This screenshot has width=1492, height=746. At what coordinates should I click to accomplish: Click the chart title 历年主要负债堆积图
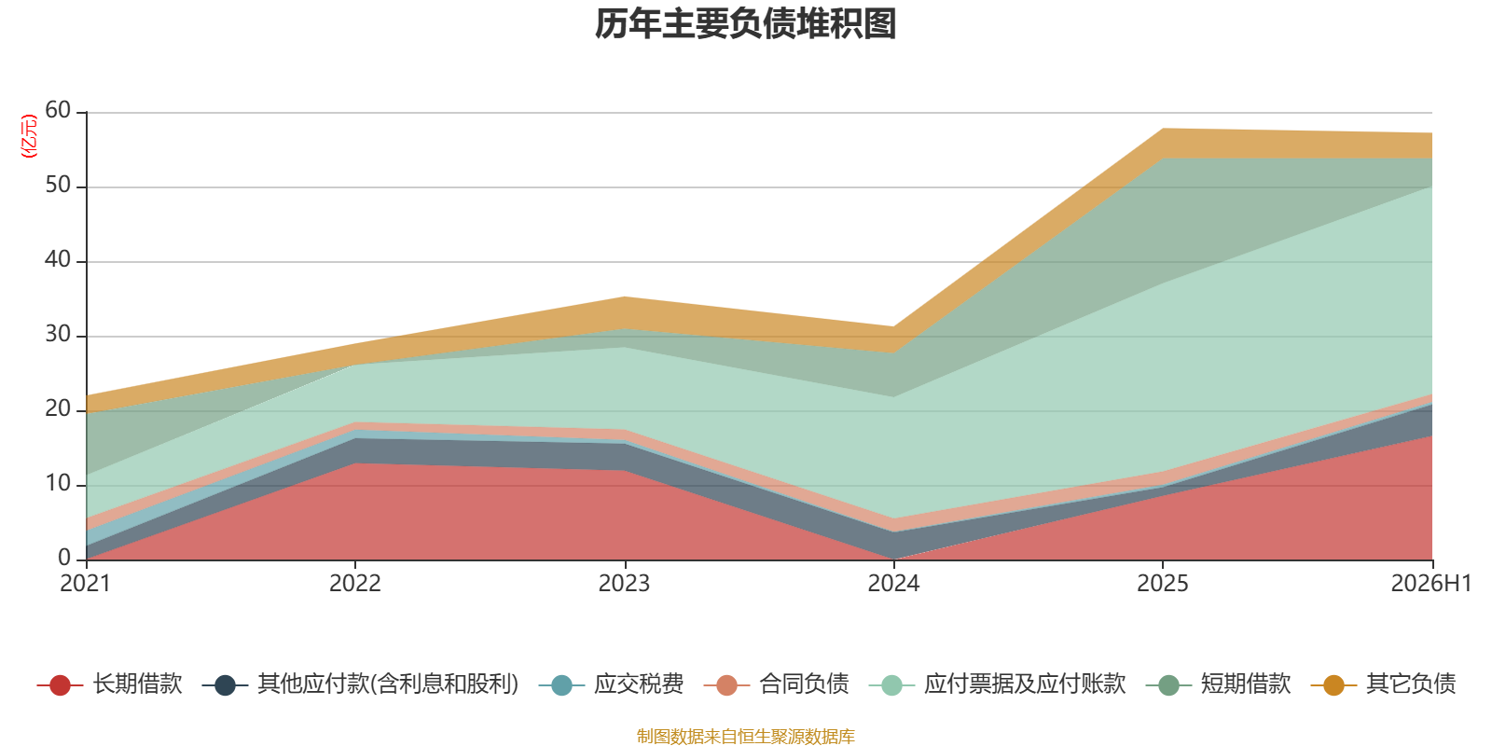[745, 24]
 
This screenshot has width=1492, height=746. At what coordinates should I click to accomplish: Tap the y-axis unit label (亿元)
[29, 136]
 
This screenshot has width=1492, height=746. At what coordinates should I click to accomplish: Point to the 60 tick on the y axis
[58, 110]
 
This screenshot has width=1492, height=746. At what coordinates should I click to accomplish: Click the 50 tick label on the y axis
[58, 185]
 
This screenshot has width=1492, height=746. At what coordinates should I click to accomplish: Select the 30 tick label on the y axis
[58, 334]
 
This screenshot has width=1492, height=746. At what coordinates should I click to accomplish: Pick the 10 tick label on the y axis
[58, 483]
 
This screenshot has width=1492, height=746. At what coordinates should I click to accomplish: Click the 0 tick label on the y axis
[64, 558]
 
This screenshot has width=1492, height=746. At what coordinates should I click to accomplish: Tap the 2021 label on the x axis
[85, 584]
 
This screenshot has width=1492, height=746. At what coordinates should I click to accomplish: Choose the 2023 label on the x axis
[624, 584]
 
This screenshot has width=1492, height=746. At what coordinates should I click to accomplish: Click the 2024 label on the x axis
[893, 584]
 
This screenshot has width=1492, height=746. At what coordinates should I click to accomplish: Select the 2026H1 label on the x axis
[1431, 584]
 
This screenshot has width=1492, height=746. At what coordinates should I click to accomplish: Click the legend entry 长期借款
[110, 684]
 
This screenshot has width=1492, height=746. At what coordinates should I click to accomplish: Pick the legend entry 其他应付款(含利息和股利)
[360, 684]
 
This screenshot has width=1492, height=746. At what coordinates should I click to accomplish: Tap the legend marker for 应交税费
[562, 685]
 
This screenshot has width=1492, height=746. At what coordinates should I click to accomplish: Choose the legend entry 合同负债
[776, 684]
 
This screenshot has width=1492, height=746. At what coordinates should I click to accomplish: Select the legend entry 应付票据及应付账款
[997, 684]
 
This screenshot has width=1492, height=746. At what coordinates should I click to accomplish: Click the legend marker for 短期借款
[1169, 685]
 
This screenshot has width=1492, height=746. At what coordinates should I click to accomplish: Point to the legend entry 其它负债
[1383, 684]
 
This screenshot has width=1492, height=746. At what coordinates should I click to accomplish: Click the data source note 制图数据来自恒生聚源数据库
[745, 736]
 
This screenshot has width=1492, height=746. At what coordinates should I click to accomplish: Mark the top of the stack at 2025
[1162, 129]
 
